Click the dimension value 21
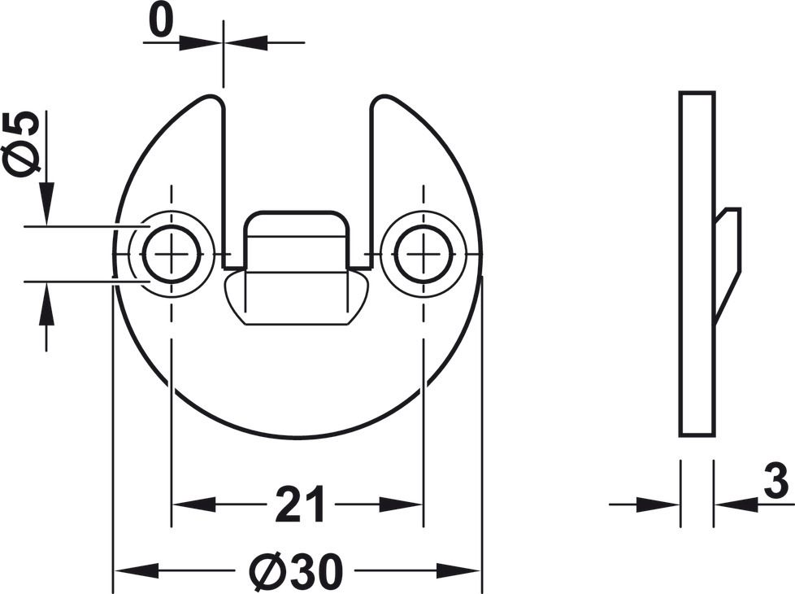click(300, 504)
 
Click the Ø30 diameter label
click(296, 569)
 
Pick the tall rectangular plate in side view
click(697, 264)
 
